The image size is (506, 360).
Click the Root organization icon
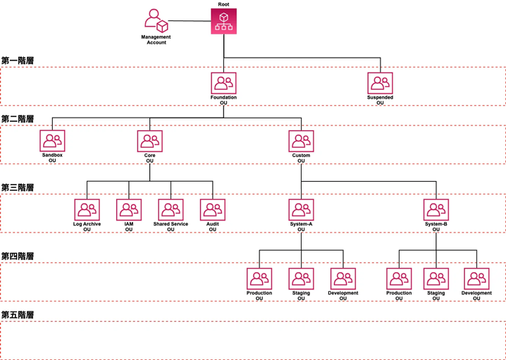223,21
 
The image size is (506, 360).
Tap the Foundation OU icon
223,82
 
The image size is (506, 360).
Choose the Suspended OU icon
380,82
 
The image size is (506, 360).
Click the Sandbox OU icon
52,141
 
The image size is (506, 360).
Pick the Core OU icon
150,141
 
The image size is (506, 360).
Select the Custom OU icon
301,141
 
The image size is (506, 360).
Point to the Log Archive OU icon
87,210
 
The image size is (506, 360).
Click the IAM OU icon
129,210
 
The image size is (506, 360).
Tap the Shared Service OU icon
171,210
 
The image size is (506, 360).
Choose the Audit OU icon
212,210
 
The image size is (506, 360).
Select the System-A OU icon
301,210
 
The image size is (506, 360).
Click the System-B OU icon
436,210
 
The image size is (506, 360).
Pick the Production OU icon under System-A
259,279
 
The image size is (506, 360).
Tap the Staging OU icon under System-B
436,279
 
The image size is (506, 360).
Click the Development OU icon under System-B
476,279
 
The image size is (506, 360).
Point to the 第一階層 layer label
18,61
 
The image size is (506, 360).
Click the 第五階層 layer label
18,315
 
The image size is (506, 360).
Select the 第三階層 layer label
18,187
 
